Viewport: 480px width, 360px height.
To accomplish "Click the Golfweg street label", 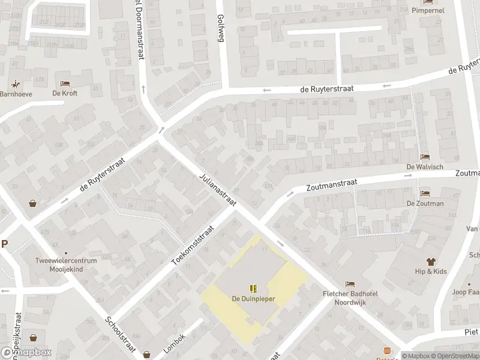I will [x=220, y=28].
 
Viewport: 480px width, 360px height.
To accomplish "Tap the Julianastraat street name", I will [x=217, y=190].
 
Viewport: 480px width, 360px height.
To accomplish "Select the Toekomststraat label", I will [x=193, y=246].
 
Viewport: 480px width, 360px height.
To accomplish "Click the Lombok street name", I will [x=174, y=343].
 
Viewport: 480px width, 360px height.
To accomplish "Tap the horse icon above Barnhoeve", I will [x=15, y=83].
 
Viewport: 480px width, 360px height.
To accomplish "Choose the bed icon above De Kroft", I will [x=65, y=83].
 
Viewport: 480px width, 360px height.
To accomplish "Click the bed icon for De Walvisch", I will [x=425, y=157].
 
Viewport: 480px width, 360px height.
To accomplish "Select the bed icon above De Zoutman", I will [x=425, y=193].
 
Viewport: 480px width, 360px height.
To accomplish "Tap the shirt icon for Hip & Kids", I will [x=430, y=261].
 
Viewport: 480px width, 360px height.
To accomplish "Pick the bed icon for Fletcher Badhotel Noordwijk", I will [x=350, y=284].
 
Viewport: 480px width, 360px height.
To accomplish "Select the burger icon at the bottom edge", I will [x=387, y=351].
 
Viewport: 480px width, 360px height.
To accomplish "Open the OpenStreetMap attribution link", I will [x=458, y=356].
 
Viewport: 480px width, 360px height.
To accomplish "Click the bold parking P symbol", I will [x=5, y=244].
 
